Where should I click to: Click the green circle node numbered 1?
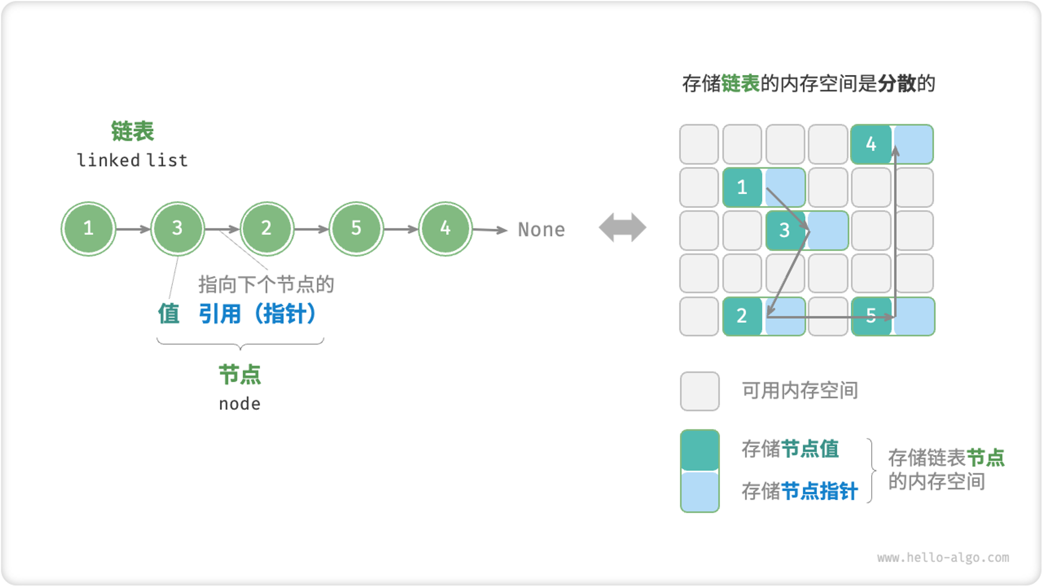click(x=89, y=229)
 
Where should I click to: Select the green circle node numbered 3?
click(x=178, y=229)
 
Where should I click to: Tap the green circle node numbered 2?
click(x=267, y=229)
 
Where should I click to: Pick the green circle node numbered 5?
click(x=356, y=229)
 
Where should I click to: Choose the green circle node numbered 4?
click(x=445, y=229)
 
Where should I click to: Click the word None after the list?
click(x=541, y=230)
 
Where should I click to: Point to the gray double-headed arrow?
click(x=623, y=228)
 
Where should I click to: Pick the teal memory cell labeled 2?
click(x=742, y=316)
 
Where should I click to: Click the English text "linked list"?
click(x=132, y=160)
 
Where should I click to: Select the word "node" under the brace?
click(x=240, y=404)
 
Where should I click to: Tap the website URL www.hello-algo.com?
click(x=943, y=558)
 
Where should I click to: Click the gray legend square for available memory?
click(x=700, y=391)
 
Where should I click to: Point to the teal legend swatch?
click(x=700, y=450)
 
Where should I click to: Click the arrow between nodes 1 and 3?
click(x=133, y=229)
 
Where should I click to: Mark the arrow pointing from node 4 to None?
click(x=490, y=230)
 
